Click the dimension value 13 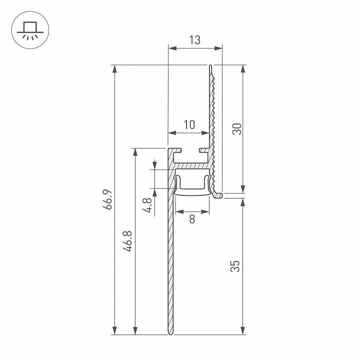[195, 40]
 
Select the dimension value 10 [189, 124]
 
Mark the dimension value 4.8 [147, 205]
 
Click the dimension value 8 [192, 218]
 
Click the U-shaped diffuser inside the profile [192, 185]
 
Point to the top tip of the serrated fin [211, 66]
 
